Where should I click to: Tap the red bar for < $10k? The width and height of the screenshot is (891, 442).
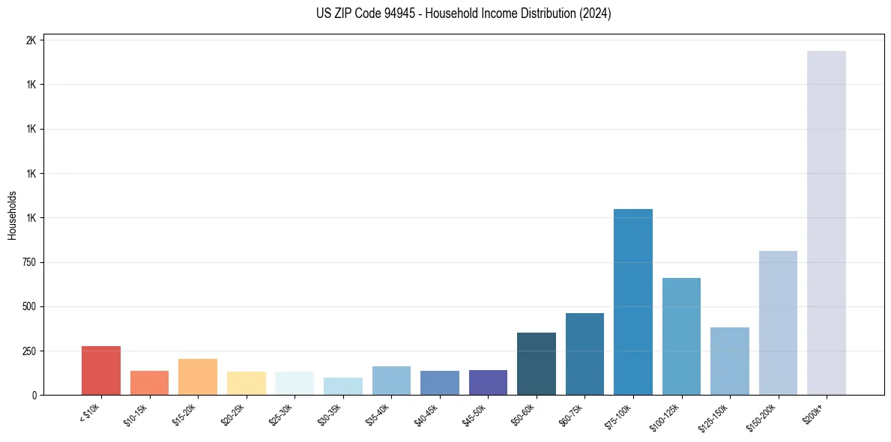pyautogui.click(x=101, y=371)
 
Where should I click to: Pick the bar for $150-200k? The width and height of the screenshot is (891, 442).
pyautogui.click(x=778, y=323)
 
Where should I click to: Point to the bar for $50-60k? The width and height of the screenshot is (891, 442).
pyautogui.click(x=537, y=364)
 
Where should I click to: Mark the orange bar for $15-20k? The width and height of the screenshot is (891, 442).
pyautogui.click(x=198, y=377)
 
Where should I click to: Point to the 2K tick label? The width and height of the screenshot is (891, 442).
pyautogui.click(x=31, y=40)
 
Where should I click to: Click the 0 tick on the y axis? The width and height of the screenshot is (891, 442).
pyautogui.click(x=34, y=396)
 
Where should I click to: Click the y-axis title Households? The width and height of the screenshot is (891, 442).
pyautogui.click(x=12, y=215)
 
